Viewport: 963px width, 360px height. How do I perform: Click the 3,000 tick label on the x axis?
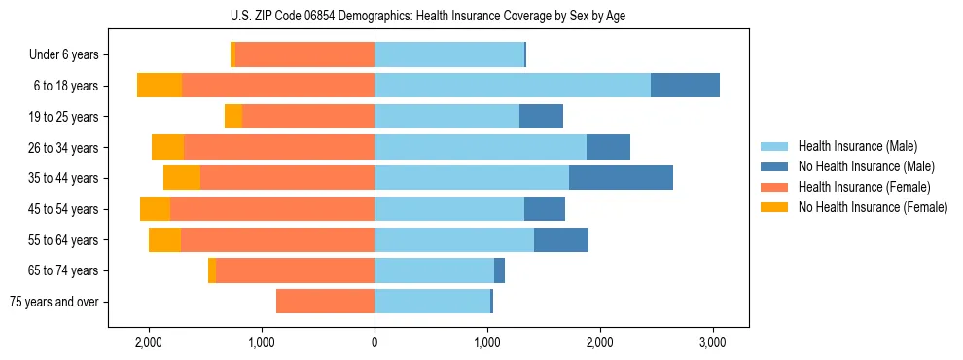712,342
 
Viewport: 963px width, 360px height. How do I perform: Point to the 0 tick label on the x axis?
374,342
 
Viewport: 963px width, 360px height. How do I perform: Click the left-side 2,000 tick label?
149,342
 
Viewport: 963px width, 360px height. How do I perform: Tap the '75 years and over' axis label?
54,302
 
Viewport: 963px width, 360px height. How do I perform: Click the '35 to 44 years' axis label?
64,178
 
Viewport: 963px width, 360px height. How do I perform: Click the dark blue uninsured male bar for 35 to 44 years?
621,178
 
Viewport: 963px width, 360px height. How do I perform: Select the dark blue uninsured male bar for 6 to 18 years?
685,86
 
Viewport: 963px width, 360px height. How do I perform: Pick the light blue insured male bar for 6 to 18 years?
513,86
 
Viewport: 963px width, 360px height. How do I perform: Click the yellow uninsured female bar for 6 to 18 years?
160,86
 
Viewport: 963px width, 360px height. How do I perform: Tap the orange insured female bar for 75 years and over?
325,302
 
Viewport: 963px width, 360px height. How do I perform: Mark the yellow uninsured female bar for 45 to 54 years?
155,209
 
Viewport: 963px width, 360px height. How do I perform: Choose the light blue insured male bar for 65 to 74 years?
434,270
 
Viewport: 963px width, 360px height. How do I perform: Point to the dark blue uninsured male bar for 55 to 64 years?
561,239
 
